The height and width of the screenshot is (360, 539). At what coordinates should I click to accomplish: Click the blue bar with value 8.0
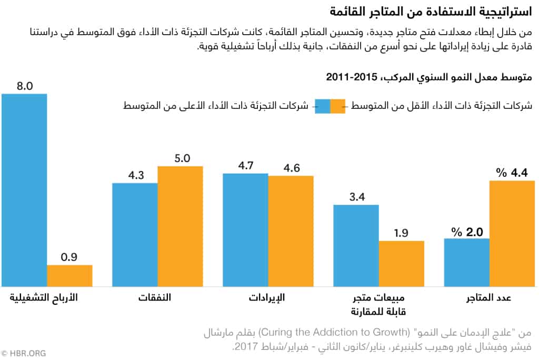coord(24,190)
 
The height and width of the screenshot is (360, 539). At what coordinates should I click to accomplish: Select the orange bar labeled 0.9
coord(69,275)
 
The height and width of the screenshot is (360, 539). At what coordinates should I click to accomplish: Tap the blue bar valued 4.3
coord(135,235)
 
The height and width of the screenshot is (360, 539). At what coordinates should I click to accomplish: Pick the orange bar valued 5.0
coord(180,226)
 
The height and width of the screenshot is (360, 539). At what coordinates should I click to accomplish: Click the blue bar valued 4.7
coord(245,229)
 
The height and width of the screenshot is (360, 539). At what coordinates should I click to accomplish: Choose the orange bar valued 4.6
coord(291,231)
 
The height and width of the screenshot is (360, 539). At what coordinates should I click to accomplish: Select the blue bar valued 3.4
coord(356,245)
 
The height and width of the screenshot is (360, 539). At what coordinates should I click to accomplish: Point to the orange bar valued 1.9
coord(401,263)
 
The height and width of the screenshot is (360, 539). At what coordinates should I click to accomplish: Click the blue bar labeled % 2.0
coord(466,262)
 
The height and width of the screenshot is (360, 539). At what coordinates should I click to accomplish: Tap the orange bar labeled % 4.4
coord(512,233)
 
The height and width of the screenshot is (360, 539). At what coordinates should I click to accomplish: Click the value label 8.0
coord(24,86)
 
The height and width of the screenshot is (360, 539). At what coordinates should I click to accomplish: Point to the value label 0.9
coord(69,257)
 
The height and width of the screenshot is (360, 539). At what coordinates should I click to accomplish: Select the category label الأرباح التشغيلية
coord(44,298)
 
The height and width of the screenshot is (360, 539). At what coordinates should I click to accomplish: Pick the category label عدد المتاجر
coord(488,298)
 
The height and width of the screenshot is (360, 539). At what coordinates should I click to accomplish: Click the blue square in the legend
coord(322,106)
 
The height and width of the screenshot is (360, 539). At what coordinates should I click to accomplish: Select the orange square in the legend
coord(337,106)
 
